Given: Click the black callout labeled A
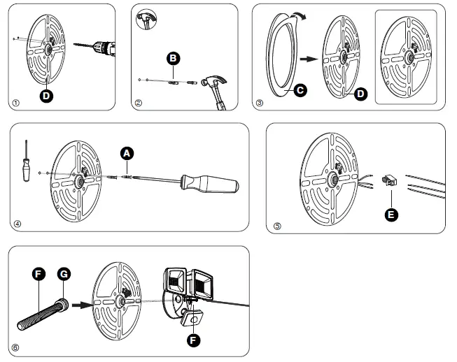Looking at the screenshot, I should point(126,152).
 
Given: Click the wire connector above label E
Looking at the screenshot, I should point(388,180).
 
